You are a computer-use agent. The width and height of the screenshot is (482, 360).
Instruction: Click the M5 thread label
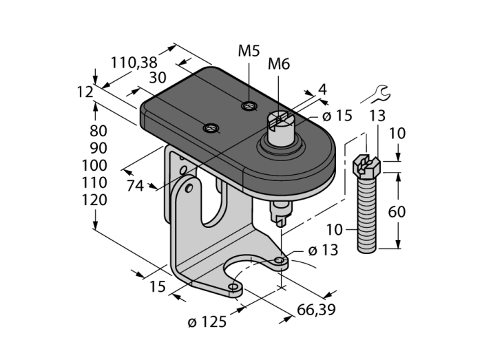coord(249,51)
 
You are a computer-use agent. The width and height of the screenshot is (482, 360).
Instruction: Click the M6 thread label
coord(279,64)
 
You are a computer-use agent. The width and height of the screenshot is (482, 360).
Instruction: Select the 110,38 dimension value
coord(134,63)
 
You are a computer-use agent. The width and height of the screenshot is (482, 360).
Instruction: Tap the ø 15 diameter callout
coord(337,116)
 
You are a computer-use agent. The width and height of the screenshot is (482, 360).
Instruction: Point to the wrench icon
coord(376,94)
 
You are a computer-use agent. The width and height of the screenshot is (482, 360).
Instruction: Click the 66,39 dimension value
coord(316,310)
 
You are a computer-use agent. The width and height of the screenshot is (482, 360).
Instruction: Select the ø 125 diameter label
coord(207,322)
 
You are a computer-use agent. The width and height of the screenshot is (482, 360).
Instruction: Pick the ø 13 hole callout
coord(323,251)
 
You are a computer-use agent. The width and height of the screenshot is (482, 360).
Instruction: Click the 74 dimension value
coord(135,186)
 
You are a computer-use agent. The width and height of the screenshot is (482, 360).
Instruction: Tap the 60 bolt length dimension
coord(397,212)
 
